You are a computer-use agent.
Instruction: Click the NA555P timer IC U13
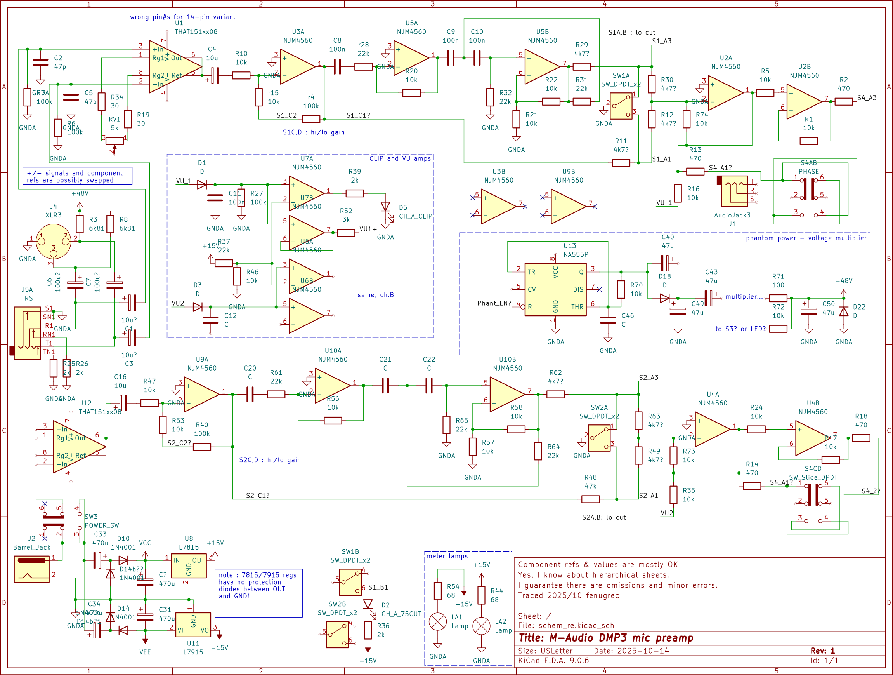555,289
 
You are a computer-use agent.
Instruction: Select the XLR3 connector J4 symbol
53,242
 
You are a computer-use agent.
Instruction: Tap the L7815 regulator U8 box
189,565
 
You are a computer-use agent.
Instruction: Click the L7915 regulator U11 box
193,625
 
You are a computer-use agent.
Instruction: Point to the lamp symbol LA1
438,622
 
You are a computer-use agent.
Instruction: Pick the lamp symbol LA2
481,626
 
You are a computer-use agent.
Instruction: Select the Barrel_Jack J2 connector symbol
31,569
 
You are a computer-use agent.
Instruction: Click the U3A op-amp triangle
297,67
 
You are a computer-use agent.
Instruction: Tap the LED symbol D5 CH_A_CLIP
385,207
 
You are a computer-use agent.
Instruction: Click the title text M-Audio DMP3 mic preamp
605,638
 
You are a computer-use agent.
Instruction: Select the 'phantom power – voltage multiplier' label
806,238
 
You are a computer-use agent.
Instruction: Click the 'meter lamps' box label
447,556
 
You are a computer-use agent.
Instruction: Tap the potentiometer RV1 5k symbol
114,141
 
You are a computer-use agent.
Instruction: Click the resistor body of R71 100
778,298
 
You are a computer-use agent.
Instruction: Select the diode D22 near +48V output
843,311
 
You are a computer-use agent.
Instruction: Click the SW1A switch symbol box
621,106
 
